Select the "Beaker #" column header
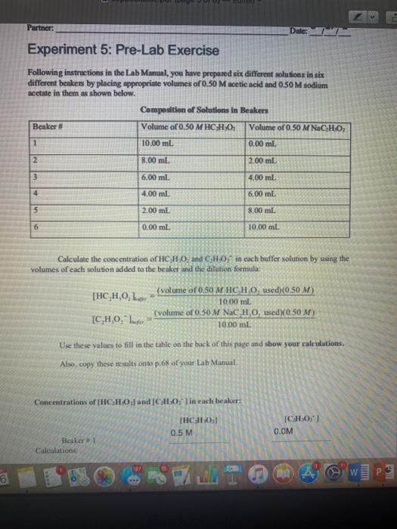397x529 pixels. [x=47, y=125]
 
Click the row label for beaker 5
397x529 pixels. [x=37, y=209]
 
